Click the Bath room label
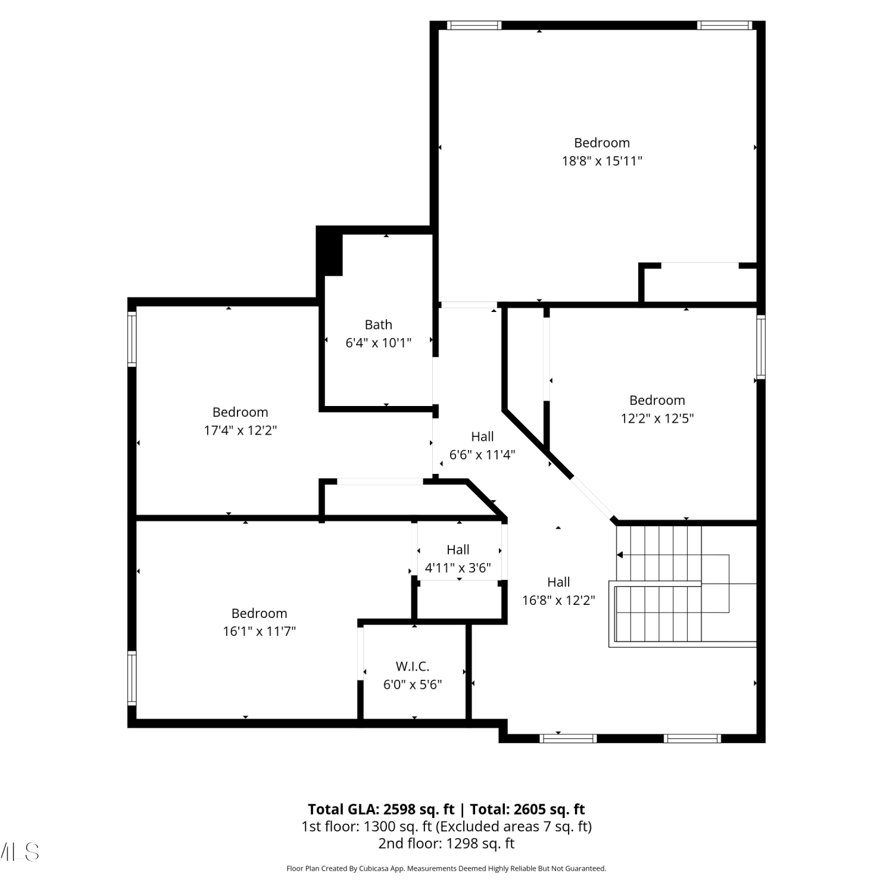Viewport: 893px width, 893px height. tap(379, 324)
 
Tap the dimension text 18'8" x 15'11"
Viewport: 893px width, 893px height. tap(602, 161)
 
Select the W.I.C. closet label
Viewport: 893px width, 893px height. tap(413, 666)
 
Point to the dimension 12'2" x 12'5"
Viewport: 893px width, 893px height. tap(657, 418)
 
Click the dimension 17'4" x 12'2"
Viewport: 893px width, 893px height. tap(241, 430)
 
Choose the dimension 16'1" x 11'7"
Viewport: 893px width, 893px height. tap(260, 631)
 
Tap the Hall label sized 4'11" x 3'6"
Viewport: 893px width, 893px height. tap(458, 549)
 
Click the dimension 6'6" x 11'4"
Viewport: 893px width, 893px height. tap(482, 455)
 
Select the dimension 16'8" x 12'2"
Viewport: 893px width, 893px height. tap(558, 600)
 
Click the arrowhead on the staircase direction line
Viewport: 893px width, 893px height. tap(620, 555)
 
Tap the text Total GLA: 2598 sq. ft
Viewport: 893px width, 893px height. tap(381, 809)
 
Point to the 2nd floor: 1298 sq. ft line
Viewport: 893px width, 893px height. tap(447, 843)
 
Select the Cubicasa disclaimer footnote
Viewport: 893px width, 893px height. tap(447, 869)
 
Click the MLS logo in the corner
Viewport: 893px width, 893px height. tap(19, 852)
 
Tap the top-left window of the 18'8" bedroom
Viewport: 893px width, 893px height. tap(474, 25)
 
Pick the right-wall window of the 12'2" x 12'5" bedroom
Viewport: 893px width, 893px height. tap(761, 346)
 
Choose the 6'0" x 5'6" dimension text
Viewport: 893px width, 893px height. tap(413, 685)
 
